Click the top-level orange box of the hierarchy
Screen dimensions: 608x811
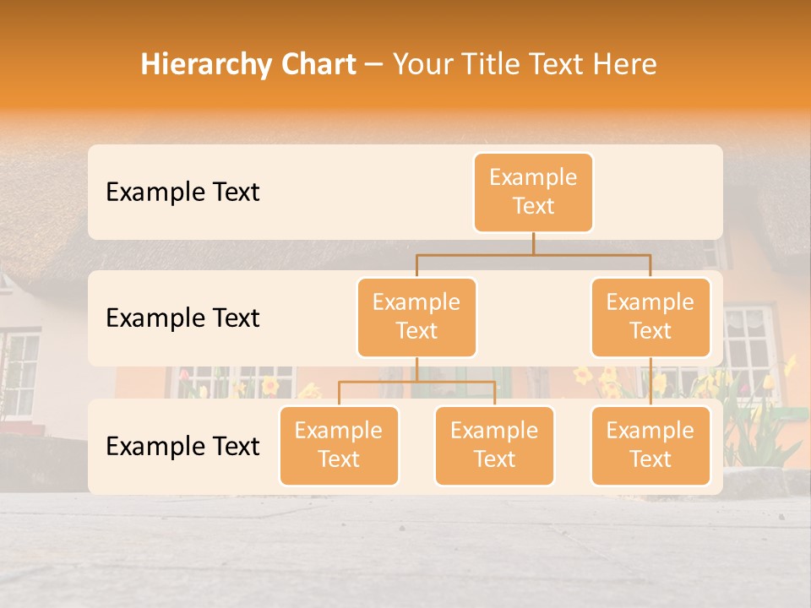(533, 192)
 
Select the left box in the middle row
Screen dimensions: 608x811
(416, 317)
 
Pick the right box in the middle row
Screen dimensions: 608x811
(650, 317)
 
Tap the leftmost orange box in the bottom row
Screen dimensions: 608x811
(339, 445)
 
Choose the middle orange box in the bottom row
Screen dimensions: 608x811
(494, 445)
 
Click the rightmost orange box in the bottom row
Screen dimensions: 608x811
(650, 445)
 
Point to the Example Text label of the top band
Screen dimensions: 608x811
(182, 193)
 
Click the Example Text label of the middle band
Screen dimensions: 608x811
(182, 318)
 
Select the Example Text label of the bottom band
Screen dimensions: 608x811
(182, 446)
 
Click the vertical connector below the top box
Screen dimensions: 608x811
(533, 243)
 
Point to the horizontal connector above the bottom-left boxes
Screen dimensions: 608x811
(416, 382)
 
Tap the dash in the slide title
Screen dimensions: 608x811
(374, 65)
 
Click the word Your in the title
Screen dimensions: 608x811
(420, 64)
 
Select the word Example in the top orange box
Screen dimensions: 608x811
(533, 177)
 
